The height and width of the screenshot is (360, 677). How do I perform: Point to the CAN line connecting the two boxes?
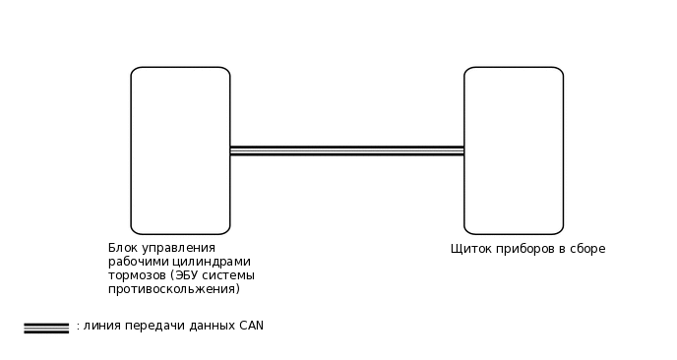pyautogui.click(x=346, y=150)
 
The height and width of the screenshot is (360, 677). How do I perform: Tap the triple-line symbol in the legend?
pyautogui.click(x=46, y=328)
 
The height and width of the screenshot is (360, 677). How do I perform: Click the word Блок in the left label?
pyautogui.click(x=122, y=248)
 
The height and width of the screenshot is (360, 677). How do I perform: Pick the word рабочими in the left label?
pyautogui.click(x=135, y=262)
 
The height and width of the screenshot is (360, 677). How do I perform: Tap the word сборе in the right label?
pyautogui.click(x=587, y=249)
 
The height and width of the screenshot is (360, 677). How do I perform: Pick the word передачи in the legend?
pyautogui.click(x=147, y=326)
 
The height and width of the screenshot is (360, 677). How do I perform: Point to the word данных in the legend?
pyautogui.click(x=204, y=326)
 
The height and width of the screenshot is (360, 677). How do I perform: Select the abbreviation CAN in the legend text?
pyautogui.click(x=251, y=326)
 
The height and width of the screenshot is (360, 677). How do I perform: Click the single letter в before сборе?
pyautogui.click(x=562, y=249)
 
